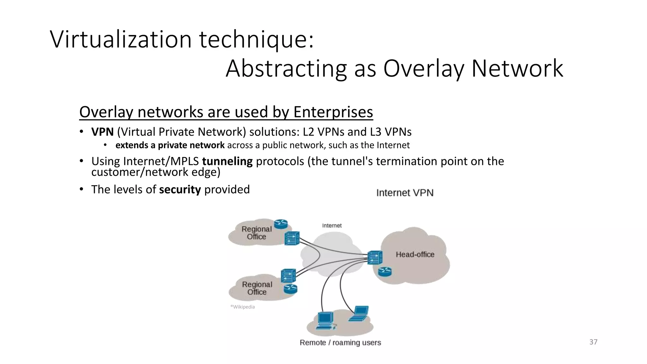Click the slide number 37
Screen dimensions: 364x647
pyautogui.click(x=593, y=342)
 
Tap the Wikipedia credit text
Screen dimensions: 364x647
pyautogui.click(x=243, y=307)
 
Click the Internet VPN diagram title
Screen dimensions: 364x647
pyautogui.click(x=405, y=193)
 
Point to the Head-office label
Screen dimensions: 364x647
pyautogui.click(x=415, y=254)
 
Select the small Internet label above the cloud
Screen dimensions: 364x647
pyautogui.click(x=332, y=226)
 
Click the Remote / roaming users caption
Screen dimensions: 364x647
pyautogui.click(x=340, y=343)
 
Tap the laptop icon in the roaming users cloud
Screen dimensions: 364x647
pyautogui.click(x=359, y=313)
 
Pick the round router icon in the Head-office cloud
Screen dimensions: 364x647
pyautogui.click(x=384, y=271)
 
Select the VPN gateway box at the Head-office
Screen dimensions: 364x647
pyautogui.click(x=375, y=258)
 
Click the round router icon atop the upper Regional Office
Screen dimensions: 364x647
pyautogui.click(x=281, y=224)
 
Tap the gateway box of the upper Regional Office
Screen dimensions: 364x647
pyautogui.click(x=292, y=239)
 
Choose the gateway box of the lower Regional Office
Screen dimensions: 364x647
pyautogui.click(x=288, y=276)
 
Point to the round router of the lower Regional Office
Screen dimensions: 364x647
pyautogui.click(x=290, y=289)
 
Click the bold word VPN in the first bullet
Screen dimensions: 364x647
pyautogui.click(x=102, y=132)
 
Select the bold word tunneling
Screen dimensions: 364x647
pyautogui.click(x=227, y=161)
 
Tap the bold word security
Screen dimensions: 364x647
pyautogui.click(x=180, y=190)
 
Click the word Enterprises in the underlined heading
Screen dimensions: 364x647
pyautogui.click(x=333, y=112)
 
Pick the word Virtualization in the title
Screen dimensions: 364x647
pyautogui.click(x=121, y=39)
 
